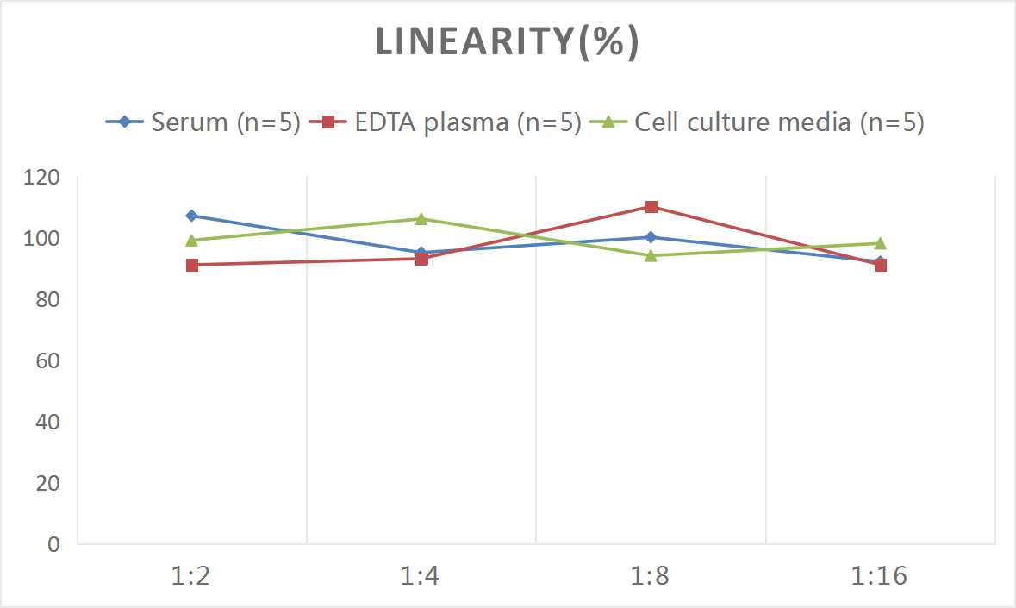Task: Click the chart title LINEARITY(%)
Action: click(x=508, y=42)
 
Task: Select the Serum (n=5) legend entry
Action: click(x=203, y=122)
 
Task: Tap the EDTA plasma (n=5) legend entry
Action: click(x=446, y=122)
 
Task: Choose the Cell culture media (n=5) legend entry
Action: click(x=757, y=122)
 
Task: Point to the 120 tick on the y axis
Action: click(x=41, y=177)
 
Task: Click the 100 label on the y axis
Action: click(x=41, y=238)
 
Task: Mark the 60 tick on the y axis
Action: click(x=47, y=360)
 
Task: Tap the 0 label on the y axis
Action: click(x=53, y=544)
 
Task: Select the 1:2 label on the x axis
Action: click(x=190, y=575)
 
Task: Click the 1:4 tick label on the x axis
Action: click(x=420, y=575)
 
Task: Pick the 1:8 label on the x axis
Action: click(x=650, y=575)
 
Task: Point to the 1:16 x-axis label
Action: click(x=879, y=575)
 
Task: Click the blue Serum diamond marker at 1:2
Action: click(x=192, y=216)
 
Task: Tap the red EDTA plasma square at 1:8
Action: click(x=651, y=207)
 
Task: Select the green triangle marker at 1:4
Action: click(x=421, y=218)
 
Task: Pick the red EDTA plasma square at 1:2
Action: click(x=192, y=265)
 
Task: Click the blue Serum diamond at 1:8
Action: click(x=651, y=237)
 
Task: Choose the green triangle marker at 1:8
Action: click(x=651, y=255)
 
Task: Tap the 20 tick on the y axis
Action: click(x=47, y=483)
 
